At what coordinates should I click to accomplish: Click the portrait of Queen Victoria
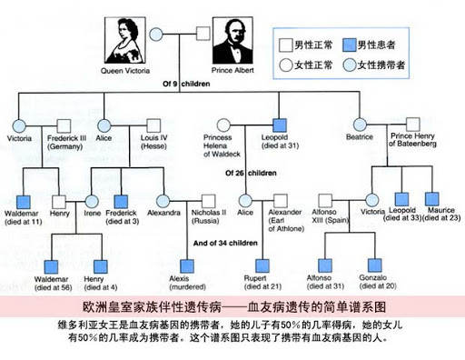(x=128, y=41)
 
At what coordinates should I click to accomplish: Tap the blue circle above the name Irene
(x=92, y=200)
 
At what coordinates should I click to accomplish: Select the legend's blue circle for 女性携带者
(x=349, y=65)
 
